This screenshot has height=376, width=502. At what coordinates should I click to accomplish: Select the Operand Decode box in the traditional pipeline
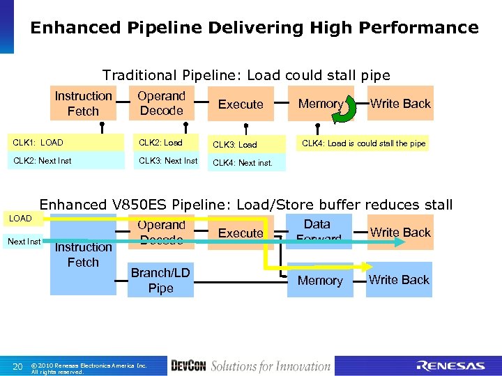click(161, 103)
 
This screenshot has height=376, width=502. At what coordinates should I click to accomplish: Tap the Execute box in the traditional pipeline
click(241, 104)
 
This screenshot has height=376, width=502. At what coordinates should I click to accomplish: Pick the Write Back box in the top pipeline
click(400, 103)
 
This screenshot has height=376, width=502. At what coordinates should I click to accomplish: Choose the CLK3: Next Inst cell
click(167, 161)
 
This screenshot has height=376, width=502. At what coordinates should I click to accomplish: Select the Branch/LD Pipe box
click(160, 280)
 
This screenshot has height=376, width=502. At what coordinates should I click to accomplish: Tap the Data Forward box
click(317, 231)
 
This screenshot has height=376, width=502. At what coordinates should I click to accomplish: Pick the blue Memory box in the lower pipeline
click(320, 280)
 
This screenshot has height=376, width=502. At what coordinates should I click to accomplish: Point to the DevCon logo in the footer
click(188, 366)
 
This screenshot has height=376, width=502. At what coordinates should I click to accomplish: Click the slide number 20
click(19, 366)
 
